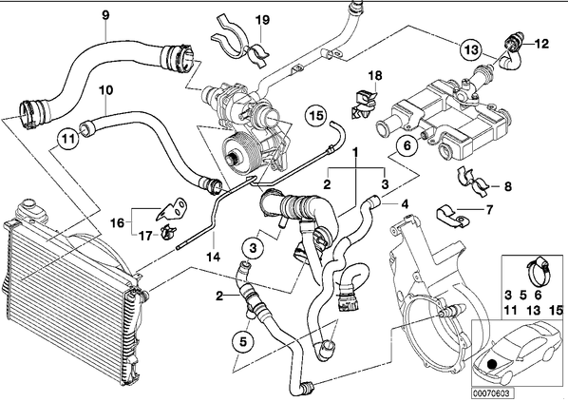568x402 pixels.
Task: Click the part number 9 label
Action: click(x=105, y=15)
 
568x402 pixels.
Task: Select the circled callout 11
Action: click(x=67, y=139)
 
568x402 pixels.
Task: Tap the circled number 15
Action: click(x=315, y=116)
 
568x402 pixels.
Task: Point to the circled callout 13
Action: click(x=471, y=49)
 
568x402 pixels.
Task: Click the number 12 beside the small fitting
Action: click(x=541, y=44)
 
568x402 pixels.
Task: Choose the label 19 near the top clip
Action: click(x=263, y=20)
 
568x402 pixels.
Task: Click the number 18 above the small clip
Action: click(x=375, y=76)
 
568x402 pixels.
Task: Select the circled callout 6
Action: click(x=407, y=145)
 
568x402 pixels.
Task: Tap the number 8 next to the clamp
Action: click(x=508, y=186)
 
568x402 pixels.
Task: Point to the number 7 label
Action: click(x=489, y=209)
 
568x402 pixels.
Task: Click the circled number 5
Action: click(x=243, y=341)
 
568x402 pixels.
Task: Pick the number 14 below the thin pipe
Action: click(x=214, y=257)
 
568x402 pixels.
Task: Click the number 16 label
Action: click(x=118, y=222)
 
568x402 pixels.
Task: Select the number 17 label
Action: click(x=145, y=237)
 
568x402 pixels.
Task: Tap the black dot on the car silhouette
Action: click(x=492, y=364)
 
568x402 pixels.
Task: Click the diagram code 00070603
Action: click(x=492, y=393)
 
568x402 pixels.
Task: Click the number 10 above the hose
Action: click(x=105, y=90)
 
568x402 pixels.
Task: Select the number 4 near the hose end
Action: click(x=405, y=204)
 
